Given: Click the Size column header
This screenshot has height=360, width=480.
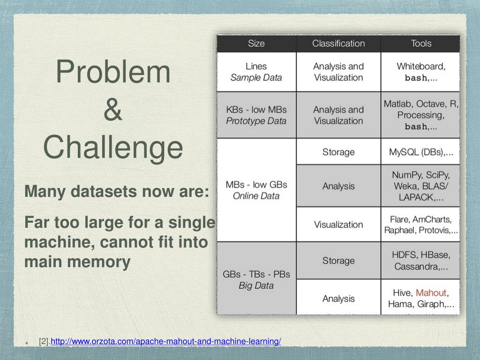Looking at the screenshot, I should click(256, 44).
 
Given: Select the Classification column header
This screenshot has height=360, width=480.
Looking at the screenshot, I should click(338, 44).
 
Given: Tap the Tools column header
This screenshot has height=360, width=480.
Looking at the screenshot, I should click(421, 44).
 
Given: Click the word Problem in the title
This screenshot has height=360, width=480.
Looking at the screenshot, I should click(113, 72).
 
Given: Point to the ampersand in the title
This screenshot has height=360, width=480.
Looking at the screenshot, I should click(113, 109).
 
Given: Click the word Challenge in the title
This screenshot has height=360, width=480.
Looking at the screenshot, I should click(113, 147).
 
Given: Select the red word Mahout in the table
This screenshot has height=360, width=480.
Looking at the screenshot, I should click(431, 293).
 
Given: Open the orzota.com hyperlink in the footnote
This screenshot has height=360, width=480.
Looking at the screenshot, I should click(166, 341).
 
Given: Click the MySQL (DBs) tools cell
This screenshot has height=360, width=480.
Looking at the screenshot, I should click(421, 152).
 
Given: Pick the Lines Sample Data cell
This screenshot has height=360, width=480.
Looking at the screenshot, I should click(256, 72).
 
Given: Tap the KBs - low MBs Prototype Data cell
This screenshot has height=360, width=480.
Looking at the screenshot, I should click(256, 115).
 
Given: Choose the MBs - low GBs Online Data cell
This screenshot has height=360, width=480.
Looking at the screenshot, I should click(256, 190).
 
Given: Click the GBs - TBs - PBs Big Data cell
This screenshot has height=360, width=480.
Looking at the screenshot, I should click(256, 279).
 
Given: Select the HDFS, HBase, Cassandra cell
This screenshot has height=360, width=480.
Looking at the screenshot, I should click(421, 261).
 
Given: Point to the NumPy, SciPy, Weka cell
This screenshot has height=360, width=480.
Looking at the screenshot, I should click(421, 186).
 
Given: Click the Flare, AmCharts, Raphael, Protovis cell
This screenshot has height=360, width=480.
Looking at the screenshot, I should click(421, 225).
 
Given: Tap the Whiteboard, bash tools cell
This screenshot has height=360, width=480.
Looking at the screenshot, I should click(421, 72).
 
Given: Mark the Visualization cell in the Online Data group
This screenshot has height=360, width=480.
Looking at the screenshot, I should click(338, 225).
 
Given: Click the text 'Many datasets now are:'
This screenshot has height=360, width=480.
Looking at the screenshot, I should click(117, 191).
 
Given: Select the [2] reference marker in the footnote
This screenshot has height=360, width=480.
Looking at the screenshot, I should click(45, 341).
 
